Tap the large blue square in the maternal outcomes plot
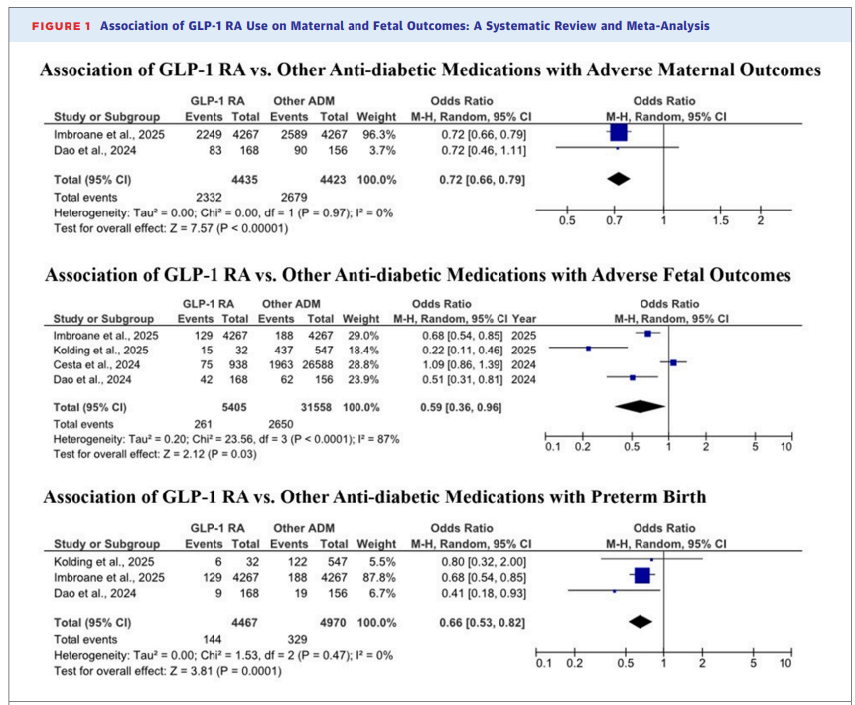tap(618, 132)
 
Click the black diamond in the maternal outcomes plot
tap(618, 179)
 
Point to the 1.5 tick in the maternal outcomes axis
tap(720, 219)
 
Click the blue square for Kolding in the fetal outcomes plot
tap(588, 349)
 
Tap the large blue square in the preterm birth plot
tap(641, 574)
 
